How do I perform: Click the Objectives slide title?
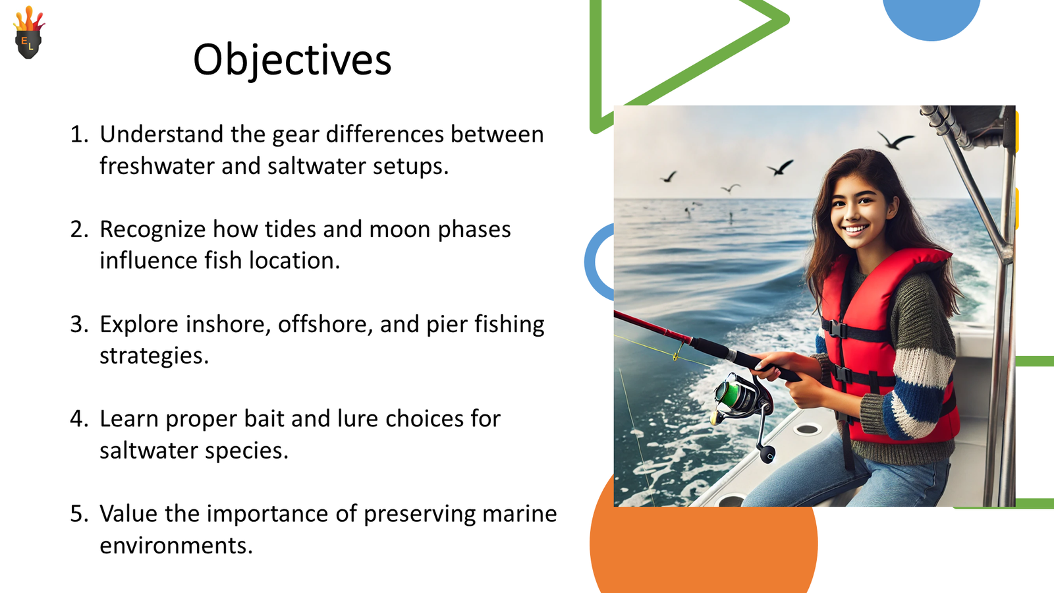(x=292, y=60)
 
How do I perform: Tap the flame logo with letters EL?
(x=29, y=32)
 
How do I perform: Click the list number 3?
(x=78, y=324)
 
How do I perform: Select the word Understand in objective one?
(x=161, y=134)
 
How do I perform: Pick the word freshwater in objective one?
(x=157, y=165)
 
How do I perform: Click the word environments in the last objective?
(x=177, y=546)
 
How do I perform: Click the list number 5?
(x=78, y=513)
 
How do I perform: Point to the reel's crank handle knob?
(x=768, y=456)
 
